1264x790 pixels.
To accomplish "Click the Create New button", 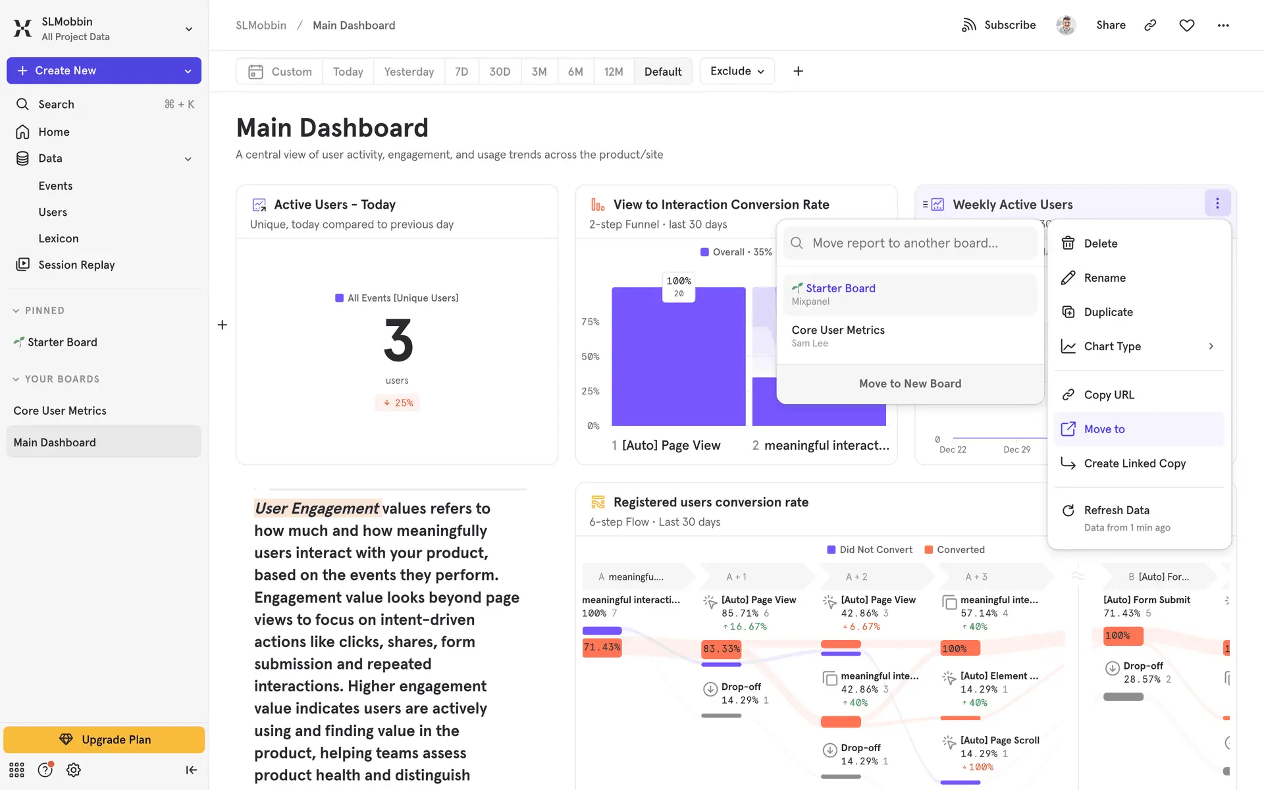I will click(x=103, y=70).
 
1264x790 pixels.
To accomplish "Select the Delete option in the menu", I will click(x=1100, y=244).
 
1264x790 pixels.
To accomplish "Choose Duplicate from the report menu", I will click(x=1108, y=312).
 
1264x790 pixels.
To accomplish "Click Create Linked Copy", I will click(x=1134, y=463).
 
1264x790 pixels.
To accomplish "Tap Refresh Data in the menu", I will click(x=1117, y=511).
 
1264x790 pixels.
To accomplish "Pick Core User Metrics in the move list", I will click(x=837, y=336).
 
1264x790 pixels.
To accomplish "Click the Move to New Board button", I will click(x=910, y=384).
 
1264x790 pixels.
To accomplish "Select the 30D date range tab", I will click(x=499, y=72).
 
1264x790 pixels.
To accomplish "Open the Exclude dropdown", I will click(x=737, y=71).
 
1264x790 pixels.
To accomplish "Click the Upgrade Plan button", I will click(x=104, y=740).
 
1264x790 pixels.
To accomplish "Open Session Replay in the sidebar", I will click(x=76, y=265).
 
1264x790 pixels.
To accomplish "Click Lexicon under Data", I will click(x=59, y=238).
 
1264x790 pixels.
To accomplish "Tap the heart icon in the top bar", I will click(x=1186, y=26).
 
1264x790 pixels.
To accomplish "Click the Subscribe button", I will click(x=999, y=26).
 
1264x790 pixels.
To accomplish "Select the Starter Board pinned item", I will click(x=62, y=342).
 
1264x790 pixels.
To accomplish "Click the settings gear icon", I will click(x=74, y=770).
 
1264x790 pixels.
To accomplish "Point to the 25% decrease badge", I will click(x=398, y=403).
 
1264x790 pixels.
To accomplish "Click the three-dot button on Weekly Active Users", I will click(x=1217, y=204).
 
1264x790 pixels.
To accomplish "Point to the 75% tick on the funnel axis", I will click(x=590, y=322).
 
